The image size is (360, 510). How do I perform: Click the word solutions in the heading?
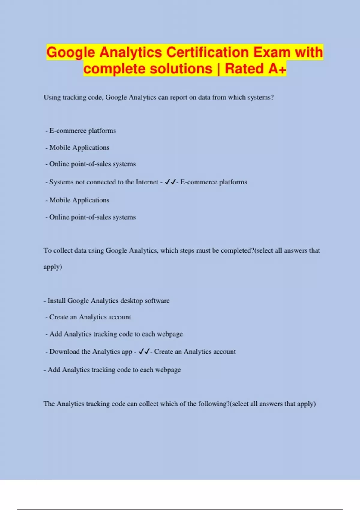pos(181,69)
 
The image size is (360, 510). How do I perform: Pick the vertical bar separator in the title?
pos(219,69)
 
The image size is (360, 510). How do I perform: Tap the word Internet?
pos(147,182)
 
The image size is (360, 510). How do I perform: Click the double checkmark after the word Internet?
pos(170,182)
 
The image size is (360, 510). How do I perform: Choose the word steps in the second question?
pos(187,250)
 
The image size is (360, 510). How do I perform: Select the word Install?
pos(57,301)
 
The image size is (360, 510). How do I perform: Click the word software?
pos(157,301)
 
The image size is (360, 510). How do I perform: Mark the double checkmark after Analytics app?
pos(144,351)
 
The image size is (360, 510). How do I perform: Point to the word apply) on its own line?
pos(53,267)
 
